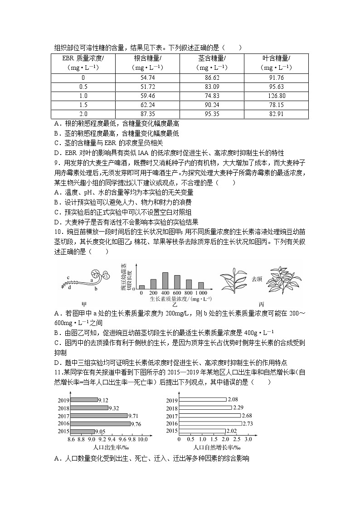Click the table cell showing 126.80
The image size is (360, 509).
[x=276, y=96]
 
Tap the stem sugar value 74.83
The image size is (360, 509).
[x=212, y=96]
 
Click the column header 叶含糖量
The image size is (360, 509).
[x=276, y=58]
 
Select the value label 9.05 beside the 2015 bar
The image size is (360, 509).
[x=102, y=431]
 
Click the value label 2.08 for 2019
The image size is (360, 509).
[x=233, y=400]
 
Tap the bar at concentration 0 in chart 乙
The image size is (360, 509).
[x=142, y=286]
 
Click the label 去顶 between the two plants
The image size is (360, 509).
[x=256, y=279]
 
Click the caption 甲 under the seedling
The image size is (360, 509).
[x=83, y=303]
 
